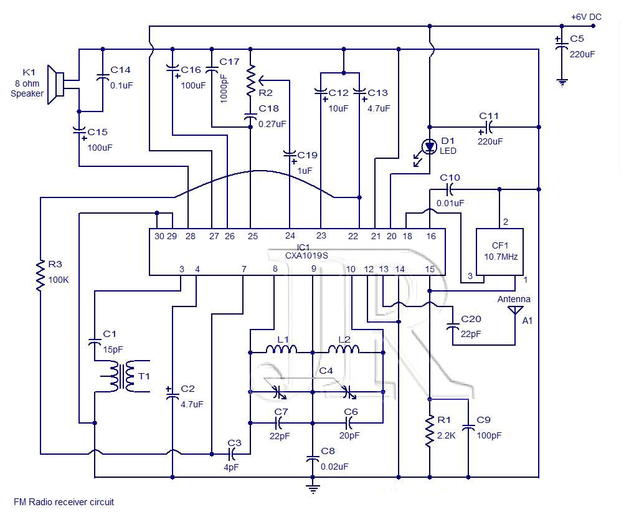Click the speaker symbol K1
point(56,85)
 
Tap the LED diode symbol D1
point(429,147)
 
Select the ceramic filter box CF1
point(499,252)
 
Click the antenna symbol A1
point(514,310)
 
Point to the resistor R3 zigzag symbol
point(40,275)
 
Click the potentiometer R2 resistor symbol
point(251,80)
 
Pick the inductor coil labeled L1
point(281,349)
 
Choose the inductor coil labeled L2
point(343,349)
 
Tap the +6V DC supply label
point(586,17)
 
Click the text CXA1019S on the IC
point(306,255)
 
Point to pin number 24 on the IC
point(290,235)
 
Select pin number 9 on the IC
point(314,268)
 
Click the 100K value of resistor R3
point(59,280)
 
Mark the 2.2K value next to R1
point(447,435)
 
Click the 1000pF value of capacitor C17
point(224,88)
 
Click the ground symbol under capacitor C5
point(562,83)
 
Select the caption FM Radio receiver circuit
point(64,502)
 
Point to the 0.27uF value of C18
point(272,124)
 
